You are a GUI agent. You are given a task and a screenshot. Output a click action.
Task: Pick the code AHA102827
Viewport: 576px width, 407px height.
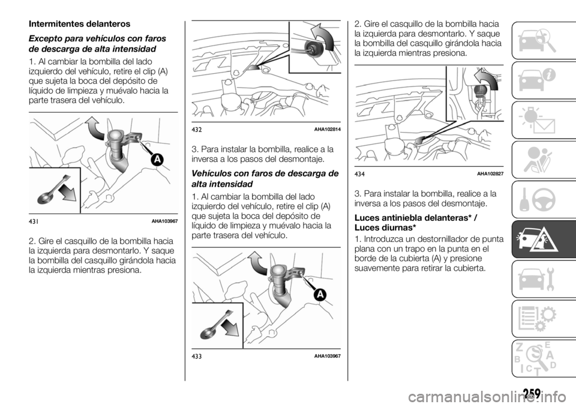(x=490, y=173)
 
